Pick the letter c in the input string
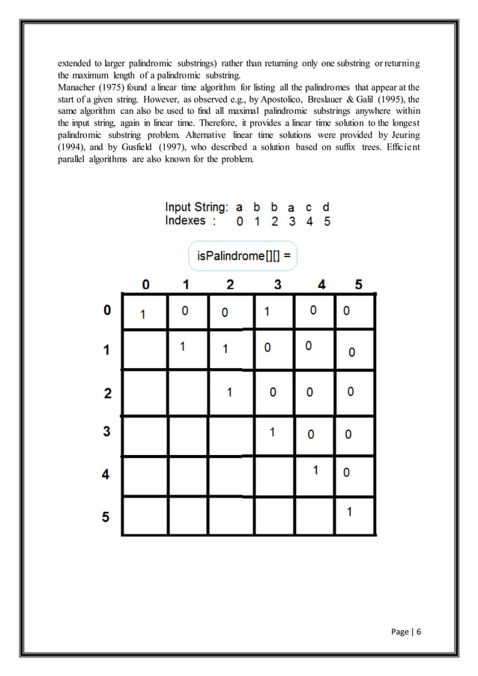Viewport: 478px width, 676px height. (x=309, y=207)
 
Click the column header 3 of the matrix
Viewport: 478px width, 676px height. (x=277, y=284)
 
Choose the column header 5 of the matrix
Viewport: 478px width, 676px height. (x=358, y=284)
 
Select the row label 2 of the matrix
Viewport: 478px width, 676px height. (x=106, y=393)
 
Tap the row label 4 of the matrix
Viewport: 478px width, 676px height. (x=106, y=474)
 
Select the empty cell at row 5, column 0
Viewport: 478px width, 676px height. (x=145, y=516)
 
